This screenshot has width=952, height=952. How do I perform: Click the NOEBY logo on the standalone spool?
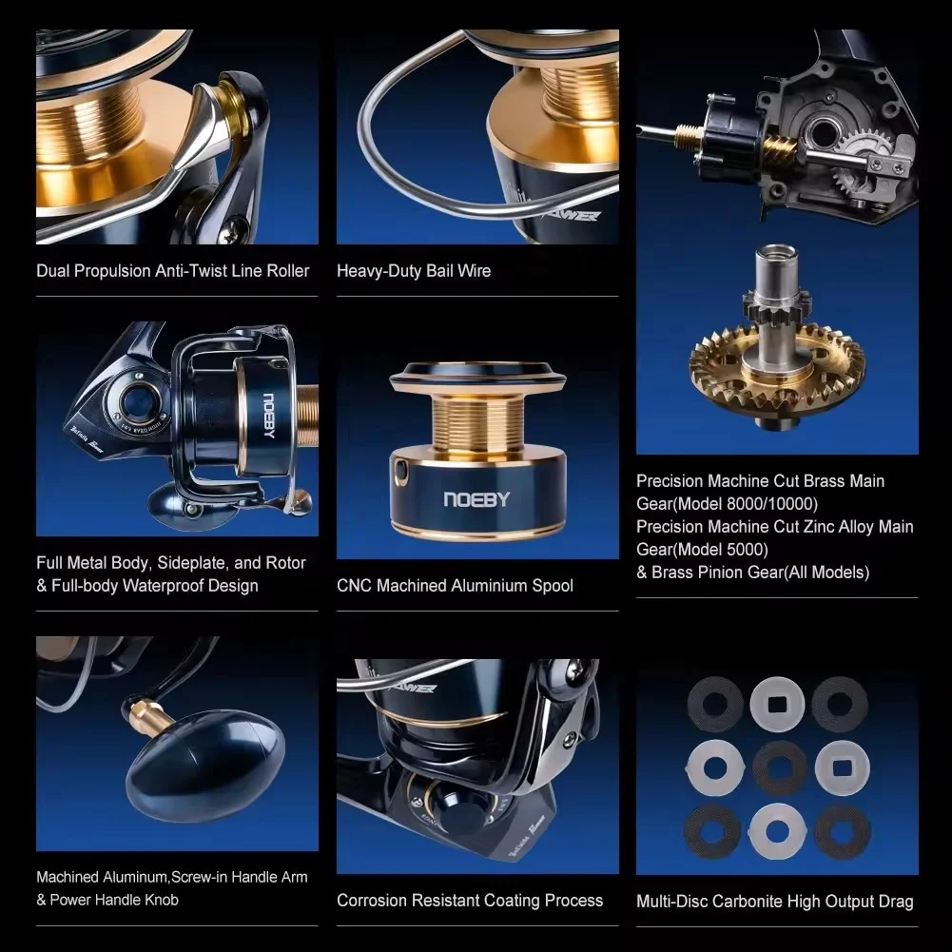(x=476, y=499)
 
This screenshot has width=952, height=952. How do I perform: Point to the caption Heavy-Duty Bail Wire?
(x=414, y=271)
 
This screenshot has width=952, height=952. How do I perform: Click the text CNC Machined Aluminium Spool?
(x=455, y=586)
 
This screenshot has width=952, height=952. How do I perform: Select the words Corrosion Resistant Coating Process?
(x=470, y=900)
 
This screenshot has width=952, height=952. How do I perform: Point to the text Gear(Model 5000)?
(x=702, y=550)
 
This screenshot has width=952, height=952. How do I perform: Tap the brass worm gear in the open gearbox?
(x=777, y=146)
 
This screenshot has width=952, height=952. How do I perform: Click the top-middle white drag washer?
(x=777, y=704)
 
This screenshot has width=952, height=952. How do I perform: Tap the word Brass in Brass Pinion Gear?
(x=673, y=573)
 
